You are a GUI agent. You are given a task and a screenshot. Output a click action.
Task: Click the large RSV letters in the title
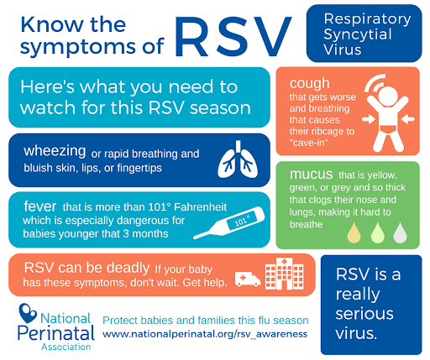click(x=233, y=37)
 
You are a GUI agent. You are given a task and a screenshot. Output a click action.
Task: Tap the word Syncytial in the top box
click(x=358, y=35)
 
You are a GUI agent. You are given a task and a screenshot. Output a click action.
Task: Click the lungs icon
click(x=238, y=159)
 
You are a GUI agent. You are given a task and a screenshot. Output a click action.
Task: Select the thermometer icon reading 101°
click(x=228, y=223)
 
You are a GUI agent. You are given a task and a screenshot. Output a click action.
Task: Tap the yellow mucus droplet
click(x=354, y=232)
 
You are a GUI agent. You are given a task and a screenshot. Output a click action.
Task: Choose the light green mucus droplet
click(x=378, y=232)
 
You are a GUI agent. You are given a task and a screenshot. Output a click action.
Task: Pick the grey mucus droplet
click(x=400, y=232)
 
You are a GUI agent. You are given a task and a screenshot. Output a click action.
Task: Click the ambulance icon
click(x=248, y=279)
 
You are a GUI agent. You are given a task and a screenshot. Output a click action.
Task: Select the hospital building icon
click(x=284, y=274)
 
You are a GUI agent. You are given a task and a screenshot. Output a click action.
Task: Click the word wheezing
click(x=55, y=151)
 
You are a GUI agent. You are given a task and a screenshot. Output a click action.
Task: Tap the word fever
click(x=40, y=206)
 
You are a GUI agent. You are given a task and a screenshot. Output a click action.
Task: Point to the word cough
click(x=309, y=84)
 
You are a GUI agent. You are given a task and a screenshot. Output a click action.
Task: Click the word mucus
click(x=311, y=175)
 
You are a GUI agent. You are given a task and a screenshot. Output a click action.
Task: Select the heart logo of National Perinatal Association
click(x=28, y=313)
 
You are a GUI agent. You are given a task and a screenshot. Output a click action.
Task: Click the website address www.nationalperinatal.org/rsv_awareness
click(x=205, y=334)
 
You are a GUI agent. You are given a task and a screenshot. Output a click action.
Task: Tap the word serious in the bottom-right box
click(x=364, y=314)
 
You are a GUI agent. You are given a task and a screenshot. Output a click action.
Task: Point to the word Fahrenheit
click(x=201, y=207)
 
